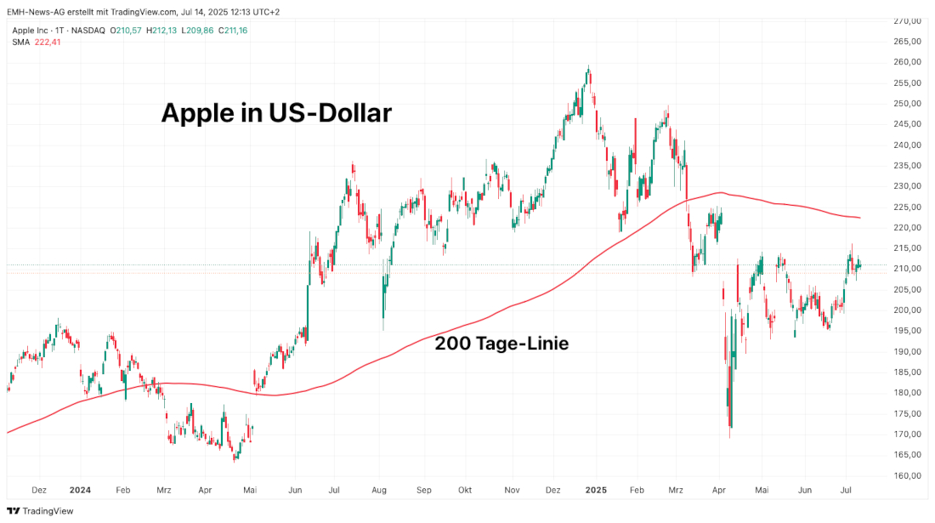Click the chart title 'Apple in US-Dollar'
(276, 113)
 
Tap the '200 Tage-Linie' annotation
(501, 344)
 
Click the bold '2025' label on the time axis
(596, 491)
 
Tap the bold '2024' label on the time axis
(80, 491)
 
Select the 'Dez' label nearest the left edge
(38, 491)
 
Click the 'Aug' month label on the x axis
(379, 491)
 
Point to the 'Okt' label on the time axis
(465, 491)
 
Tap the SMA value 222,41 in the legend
(47, 43)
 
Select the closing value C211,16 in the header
(232, 31)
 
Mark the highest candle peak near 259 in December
(588, 67)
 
